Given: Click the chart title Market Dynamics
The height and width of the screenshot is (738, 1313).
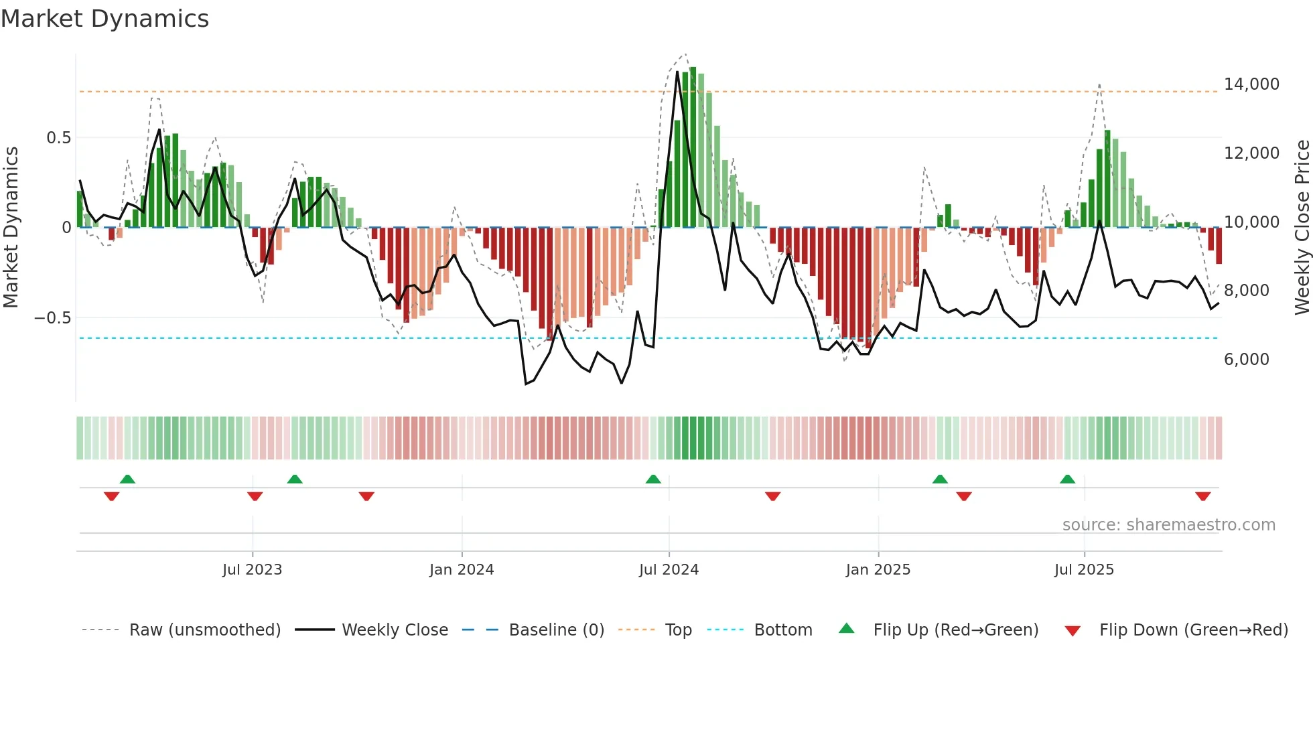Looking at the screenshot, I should click(x=105, y=19).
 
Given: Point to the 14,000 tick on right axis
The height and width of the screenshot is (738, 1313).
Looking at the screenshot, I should click(x=1251, y=84).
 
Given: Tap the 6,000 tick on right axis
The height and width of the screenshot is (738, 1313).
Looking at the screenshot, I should click(x=1246, y=360).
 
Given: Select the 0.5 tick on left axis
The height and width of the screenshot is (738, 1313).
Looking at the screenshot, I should click(x=58, y=138).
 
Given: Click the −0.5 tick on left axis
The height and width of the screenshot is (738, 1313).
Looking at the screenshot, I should click(x=52, y=318).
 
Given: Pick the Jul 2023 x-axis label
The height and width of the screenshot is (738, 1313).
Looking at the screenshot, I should click(x=252, y=570).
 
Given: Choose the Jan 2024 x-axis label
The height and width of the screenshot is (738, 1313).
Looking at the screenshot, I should click(x=462, y=570).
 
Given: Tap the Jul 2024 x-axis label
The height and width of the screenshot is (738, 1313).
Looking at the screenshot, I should click(x=669, y=570).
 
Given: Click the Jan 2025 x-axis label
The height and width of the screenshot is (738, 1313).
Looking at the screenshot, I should click(x=878, y=570).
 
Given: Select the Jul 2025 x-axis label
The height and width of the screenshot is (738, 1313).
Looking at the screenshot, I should click(x=1084, y=570).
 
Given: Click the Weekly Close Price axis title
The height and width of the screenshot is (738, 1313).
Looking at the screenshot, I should click(x=1302, y=227).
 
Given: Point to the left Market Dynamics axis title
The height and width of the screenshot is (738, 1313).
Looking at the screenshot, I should click(x=11, y=227).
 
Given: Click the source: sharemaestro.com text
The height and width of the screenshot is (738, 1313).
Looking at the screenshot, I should click(x=1168, y=525).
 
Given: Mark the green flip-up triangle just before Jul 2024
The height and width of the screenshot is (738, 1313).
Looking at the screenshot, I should click(x=653, y=479).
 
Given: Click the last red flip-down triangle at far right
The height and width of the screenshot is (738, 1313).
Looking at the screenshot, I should click(x=1202, y=496).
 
